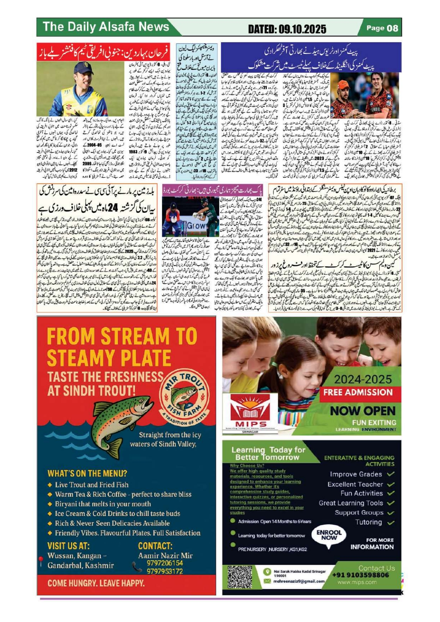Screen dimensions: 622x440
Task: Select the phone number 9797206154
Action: tap(165, 563)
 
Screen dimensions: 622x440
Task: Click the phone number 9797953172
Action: tap(165, 571)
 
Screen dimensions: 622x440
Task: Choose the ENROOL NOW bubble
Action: tap(329, 535)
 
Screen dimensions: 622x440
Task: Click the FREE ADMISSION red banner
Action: tap(358, 392)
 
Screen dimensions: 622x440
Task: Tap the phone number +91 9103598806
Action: tap(361, 575)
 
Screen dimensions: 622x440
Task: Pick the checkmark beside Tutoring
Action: tap(390, 522)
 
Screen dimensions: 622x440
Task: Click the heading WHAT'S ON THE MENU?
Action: tap(87, 473)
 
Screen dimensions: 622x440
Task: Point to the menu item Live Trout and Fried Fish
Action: tap(92, 485)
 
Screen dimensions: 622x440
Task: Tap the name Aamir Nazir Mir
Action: tap(165, 555)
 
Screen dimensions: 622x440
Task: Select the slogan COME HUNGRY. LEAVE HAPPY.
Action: tap(96, 583)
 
